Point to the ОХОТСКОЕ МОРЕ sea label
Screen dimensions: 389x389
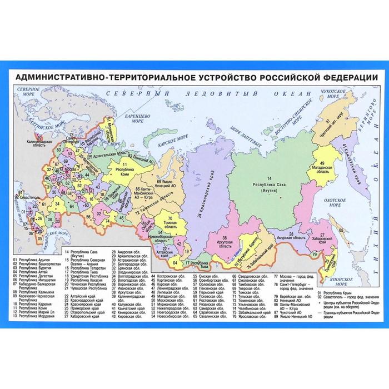click(334, 202)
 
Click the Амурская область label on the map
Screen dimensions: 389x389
click(292, 237)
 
